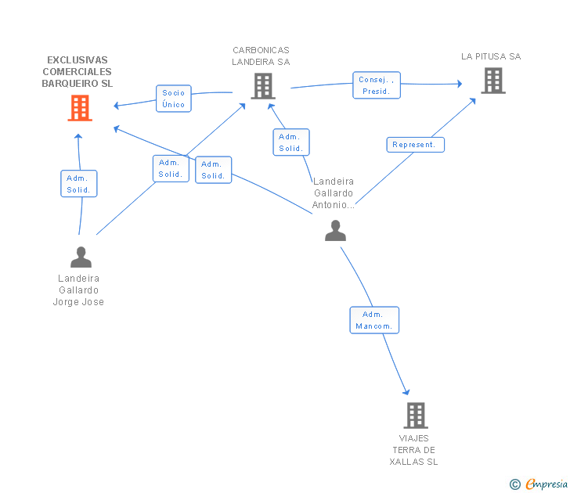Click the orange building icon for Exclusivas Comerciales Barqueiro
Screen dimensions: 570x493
[80, 108]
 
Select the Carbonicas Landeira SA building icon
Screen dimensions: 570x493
[263, 86]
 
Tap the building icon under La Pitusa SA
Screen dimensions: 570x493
[493, 81]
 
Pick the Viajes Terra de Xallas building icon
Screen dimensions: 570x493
[416, 416]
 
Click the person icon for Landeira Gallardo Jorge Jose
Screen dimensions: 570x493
[81, 257]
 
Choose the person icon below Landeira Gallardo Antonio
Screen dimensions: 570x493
[336, 230]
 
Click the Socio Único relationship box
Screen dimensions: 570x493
[174, 99]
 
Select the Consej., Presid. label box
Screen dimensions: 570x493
[377, 85]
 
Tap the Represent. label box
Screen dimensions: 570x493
[416, 145]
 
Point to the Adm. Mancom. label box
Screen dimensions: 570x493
[374, 320]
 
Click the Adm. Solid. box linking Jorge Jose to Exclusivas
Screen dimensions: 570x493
[79, 183]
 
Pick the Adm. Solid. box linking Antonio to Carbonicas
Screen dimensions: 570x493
[291, 142]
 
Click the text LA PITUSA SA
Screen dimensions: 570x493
[491, 56]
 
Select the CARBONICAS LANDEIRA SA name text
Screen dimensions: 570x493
[261, 56]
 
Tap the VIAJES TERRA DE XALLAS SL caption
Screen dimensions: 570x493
[413, 450]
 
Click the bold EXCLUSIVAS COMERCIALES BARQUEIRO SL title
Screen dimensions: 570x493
[77, 71]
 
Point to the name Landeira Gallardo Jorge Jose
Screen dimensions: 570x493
[78, 290]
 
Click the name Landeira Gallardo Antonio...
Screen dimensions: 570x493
[334, 193]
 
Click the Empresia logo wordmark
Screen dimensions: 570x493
[547, 484]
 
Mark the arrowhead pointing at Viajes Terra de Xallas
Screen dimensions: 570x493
[407, 392]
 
